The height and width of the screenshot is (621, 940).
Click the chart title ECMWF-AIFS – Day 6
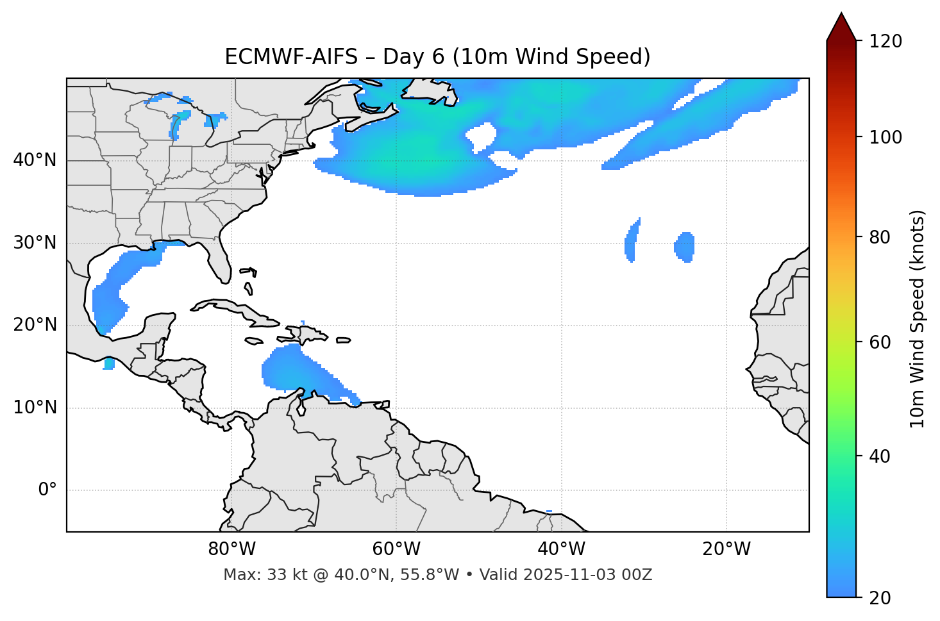click(437, 57)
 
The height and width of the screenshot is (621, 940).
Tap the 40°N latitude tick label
click(35, 160)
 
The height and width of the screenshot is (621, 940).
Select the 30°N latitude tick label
click(35, 243)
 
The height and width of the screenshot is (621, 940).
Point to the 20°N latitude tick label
click(35, 325)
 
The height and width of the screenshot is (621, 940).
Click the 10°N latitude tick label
click(35, 408)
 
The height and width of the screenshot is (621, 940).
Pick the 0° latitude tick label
click(47, 490)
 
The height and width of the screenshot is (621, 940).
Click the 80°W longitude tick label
click(231, 549)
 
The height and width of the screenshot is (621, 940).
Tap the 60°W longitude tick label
click(396, 549)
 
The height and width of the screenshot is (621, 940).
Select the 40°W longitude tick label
click(561, 549)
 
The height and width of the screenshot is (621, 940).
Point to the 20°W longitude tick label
click(726, 549)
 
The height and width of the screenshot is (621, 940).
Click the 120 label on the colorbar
click(885, 41)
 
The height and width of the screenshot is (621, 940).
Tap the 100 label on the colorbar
click(885, 137)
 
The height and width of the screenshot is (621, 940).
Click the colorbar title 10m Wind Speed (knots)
click(918, 319)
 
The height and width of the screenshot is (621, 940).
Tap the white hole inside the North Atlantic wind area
click(481, 135)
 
